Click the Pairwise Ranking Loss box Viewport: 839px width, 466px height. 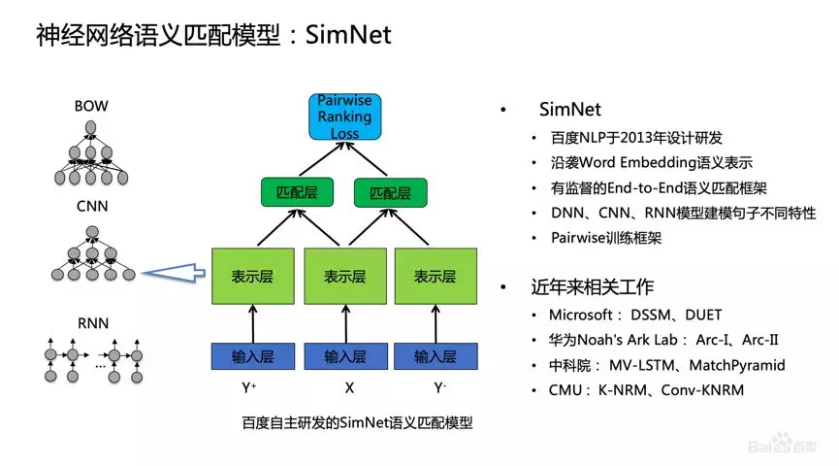pos(344,116)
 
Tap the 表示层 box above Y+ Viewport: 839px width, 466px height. pos(252,276)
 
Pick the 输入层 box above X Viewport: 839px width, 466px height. pos(344,356)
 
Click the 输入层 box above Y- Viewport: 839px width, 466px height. pos(434,356)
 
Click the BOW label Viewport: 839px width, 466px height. pos(92,106)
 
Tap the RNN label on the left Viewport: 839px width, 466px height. pos(92,323)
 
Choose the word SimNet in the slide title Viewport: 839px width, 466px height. pos(348,36)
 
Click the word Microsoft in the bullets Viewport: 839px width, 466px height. pos(579,315)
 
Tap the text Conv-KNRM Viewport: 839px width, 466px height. pos(699,390)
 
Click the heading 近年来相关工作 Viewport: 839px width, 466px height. pos(592,287)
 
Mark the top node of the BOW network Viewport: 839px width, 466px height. pos(91,129)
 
